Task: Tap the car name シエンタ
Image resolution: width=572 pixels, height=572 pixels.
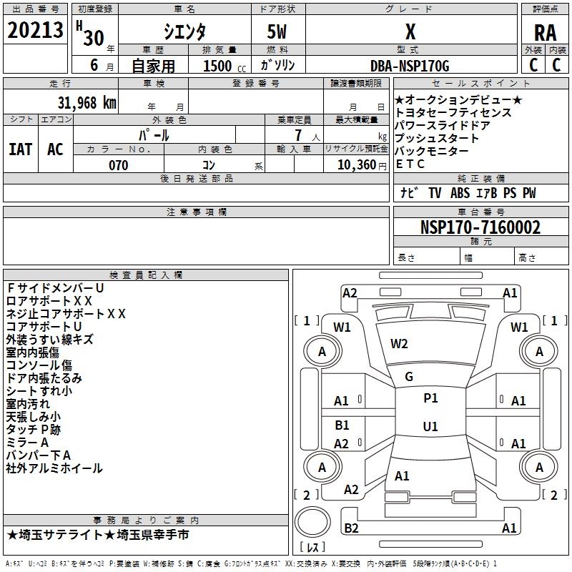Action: pos(184,32)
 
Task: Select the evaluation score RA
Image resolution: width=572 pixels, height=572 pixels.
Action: pos(545,32)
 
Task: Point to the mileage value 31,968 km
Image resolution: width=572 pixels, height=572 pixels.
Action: pos(84,102)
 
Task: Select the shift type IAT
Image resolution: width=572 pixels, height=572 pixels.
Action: pos(20,149)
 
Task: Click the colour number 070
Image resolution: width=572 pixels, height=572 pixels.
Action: pos(118,165)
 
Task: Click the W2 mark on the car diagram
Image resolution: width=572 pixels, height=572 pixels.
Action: pos(399,344)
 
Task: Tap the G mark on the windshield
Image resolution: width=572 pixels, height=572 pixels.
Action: pos(409,376)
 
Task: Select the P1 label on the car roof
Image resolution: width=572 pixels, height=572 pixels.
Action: pos(430,398)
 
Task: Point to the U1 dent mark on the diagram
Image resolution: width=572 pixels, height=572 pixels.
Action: pos(430,426)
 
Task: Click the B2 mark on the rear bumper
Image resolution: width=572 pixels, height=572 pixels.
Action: pos(351,528)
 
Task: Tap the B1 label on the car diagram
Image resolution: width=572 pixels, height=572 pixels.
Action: pos(342,425)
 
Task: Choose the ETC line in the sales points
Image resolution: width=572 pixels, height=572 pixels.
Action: pos(410,164)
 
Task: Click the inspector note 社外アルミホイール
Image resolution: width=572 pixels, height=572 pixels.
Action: pos(54,468)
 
